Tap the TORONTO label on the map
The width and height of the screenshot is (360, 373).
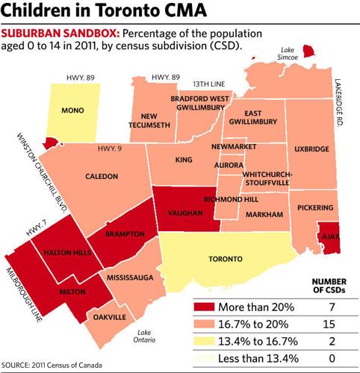[x=224, y=259]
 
